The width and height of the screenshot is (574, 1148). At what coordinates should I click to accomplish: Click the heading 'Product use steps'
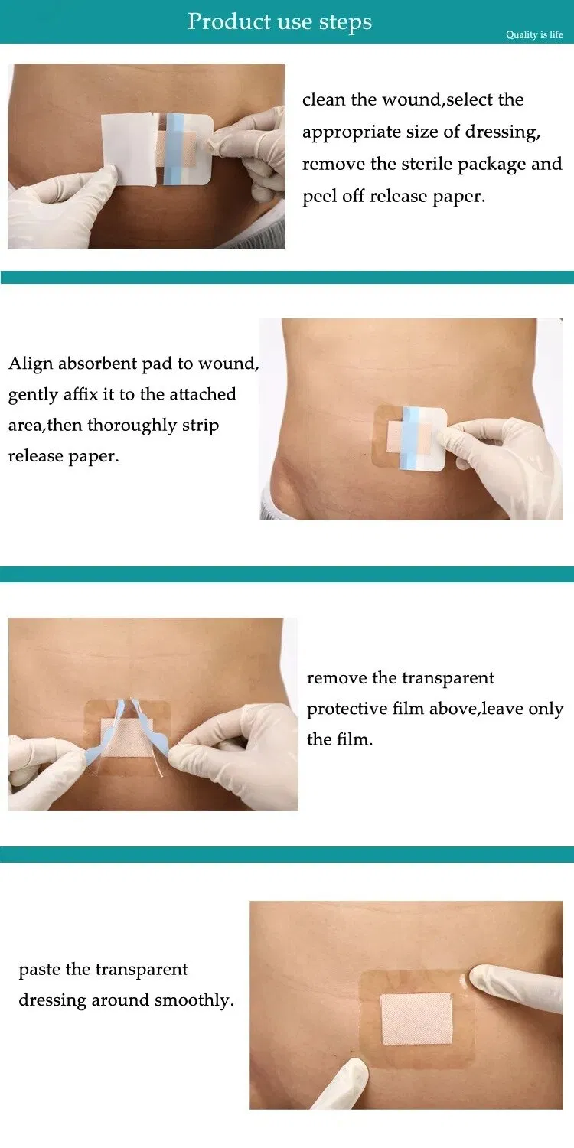tap(279, 21)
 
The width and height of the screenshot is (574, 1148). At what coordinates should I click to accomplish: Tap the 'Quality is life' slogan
tap(534, 34)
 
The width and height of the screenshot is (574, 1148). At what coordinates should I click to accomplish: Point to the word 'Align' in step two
tap(31, 364)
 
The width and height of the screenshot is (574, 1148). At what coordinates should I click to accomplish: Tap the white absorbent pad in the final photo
tap(416, 1019)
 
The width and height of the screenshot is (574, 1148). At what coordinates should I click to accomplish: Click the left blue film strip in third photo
tap(106, 734)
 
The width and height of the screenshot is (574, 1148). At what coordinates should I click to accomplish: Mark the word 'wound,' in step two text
tap(229, 364)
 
